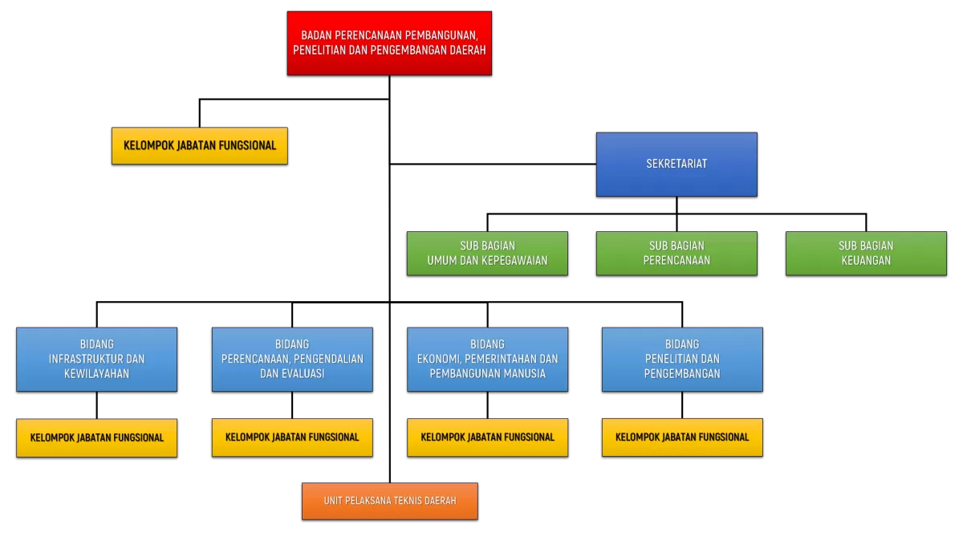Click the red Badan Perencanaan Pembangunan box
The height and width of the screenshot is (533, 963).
(x=389, y=43)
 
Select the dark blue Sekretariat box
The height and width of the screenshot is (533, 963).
(x=677, y=164)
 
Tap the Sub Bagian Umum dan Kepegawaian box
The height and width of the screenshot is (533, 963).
(x=487, y=253)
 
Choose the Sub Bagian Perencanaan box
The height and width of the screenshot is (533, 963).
(x=677, y=253)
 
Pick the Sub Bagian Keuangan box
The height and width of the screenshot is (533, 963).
(x=866, y=253)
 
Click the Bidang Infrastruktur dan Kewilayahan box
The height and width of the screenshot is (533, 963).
(x=96, y=359)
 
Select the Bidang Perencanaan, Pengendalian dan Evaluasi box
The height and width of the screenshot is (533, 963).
(x=292, y=359)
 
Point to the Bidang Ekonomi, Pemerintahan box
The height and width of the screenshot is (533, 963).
(x=487, y=359)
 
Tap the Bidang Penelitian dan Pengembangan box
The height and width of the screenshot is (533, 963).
(x=682, y=359)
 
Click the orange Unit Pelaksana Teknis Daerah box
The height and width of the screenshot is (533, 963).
(x=390, y=501)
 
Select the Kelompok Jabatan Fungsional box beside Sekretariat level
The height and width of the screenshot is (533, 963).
(x=199, y=146)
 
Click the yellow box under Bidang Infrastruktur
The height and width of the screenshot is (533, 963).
(x=96, y=437)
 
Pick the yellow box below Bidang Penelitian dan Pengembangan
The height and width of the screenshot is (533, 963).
(x=682, y=437)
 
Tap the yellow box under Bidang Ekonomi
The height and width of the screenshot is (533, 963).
(x=487, y=437)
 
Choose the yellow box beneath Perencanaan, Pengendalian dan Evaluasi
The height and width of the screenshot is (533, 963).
(x=292, y=437)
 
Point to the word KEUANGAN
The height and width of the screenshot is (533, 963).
(x=866, y=261)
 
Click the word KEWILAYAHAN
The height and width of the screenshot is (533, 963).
(x=96, y=374)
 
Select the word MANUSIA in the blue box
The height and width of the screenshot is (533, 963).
(x=525, y=374)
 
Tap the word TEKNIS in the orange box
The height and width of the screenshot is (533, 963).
(x=417, y=501)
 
